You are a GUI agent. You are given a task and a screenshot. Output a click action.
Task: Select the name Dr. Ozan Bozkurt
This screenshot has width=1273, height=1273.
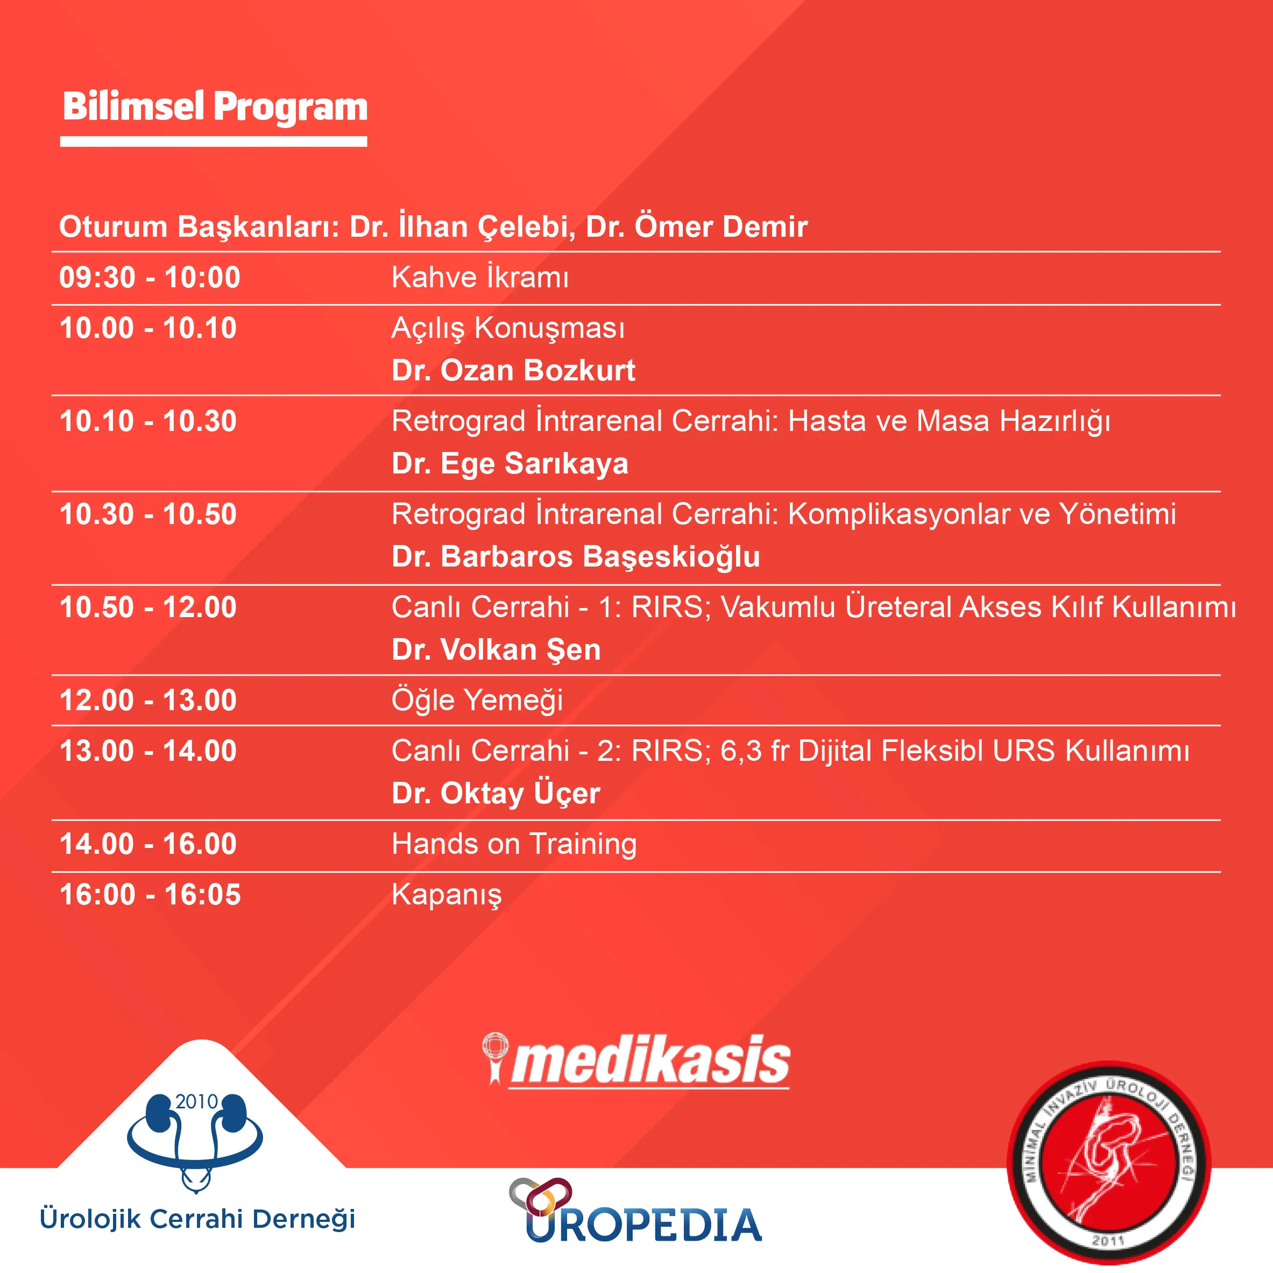[x=513, y=370]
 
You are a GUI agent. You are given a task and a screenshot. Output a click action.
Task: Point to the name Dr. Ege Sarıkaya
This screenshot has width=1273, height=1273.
[x=510, y=464]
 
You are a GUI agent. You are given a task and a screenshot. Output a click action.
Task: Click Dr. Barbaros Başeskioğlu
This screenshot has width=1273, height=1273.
[x=576, y=557]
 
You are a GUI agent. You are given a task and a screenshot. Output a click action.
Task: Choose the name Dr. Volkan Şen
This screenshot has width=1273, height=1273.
[x=496, y=649]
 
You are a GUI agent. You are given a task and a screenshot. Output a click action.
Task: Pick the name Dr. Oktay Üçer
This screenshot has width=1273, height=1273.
[x=496, y=793]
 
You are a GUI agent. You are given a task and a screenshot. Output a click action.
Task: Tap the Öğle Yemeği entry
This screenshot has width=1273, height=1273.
[x=477, y=701]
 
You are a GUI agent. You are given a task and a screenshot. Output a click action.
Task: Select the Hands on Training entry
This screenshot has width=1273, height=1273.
[x=514, y=844]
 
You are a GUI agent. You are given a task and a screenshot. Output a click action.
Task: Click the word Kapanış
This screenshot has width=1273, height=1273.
[x=447, y=895]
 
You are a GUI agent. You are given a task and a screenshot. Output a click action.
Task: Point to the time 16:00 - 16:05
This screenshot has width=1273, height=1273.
[x=150, y=895]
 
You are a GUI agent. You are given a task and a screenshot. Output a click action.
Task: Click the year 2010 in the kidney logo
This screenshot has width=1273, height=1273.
[x=196, y=1102]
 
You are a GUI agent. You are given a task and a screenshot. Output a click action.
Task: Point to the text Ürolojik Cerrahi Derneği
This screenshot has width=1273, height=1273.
[x=197, y=1218]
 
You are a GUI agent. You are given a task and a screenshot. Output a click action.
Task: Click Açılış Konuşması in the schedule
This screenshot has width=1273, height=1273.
[x=508, y=328]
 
